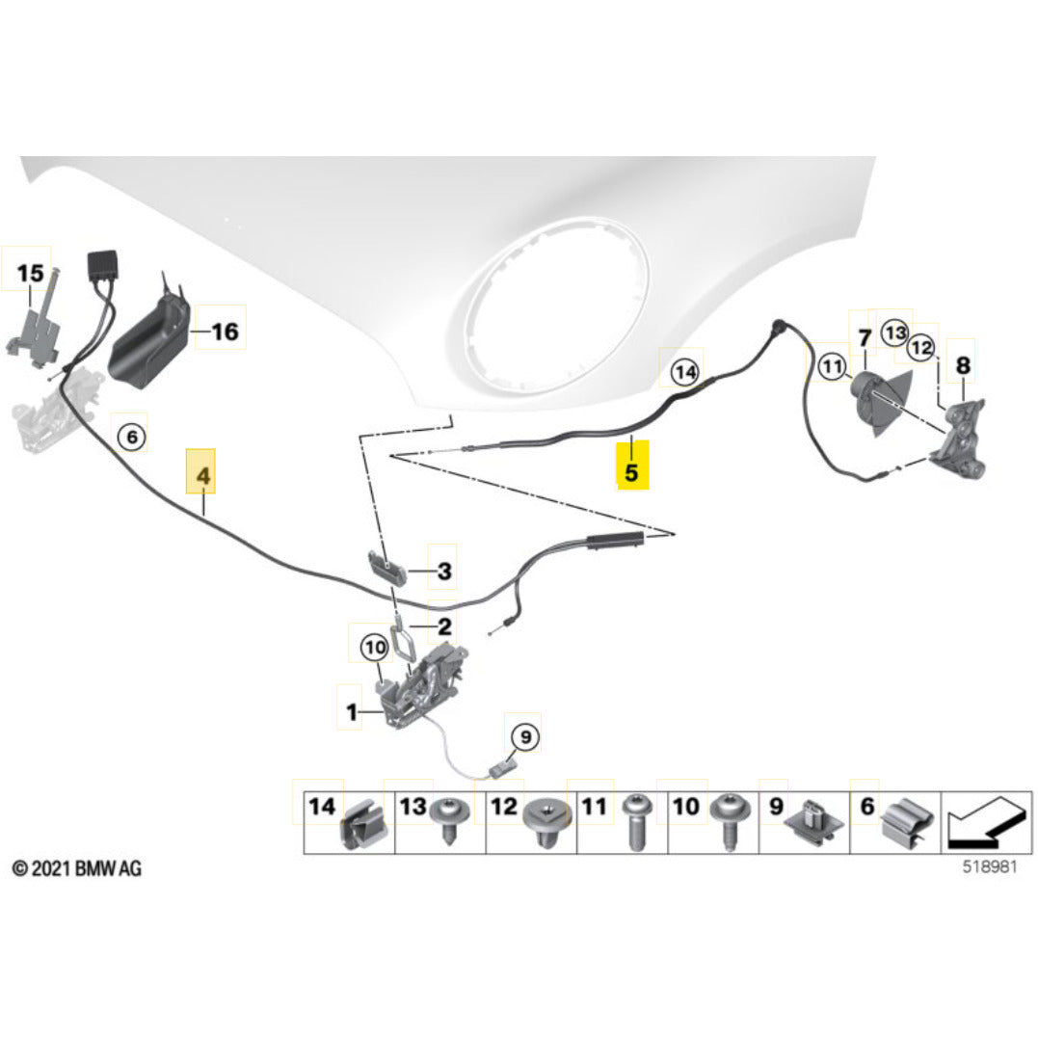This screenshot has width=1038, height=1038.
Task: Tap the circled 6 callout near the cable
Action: coord(131,437)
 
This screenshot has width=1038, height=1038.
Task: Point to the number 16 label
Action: coord(225,331)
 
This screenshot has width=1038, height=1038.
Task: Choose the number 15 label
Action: coord(30,273)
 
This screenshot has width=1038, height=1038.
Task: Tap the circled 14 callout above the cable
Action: coord(684,372)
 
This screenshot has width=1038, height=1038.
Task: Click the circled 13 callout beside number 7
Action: coord(894,333)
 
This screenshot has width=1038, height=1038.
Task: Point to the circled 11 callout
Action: coord(832,366)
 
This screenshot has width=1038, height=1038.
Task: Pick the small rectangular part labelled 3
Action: coord(387,568)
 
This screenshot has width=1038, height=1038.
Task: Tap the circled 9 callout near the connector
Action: coord(525,736)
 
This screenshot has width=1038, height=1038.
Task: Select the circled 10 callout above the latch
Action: coord(374,647)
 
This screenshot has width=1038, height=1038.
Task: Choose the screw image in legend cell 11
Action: coord(637,823)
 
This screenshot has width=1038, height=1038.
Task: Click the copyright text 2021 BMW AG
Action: coord(77,867)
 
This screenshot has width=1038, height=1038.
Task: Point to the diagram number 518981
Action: coord(989,866)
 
